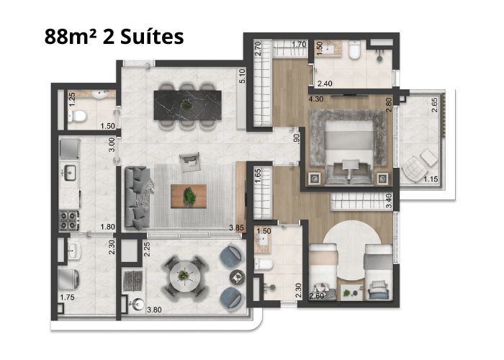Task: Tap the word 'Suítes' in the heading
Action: [x=152, y=37]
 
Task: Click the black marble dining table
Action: [x=187, y=105]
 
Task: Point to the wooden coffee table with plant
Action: [x=189, y=196]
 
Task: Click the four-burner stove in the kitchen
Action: [x=69, y=220]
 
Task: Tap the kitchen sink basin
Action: [x=69, y=173]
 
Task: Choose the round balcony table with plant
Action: [x=185, y=276]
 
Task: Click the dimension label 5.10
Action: [x=242, y=76]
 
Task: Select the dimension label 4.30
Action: [x=316, y=99]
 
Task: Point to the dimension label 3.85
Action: [x=236, y=228]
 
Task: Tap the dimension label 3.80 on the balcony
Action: [x=154, y=310]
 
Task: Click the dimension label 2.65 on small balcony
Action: [x=434, y=105]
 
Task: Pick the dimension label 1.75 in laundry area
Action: [x=67, y=297]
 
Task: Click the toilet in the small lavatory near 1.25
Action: [x=78, y=116]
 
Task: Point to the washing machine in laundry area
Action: [x=69, y=279]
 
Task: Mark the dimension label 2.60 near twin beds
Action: [x=317, y=296]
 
